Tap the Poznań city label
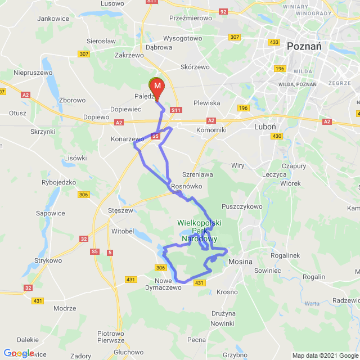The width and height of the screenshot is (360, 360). coord(304,47)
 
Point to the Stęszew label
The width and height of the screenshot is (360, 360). coord(119,211)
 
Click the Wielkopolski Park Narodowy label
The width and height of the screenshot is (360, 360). coord(199,231)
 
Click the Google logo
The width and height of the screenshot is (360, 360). coord(19,353)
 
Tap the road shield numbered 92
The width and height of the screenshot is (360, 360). coord(223,11)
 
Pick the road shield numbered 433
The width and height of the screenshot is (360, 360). coord(274,42)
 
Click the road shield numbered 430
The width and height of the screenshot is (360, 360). coord(276,136)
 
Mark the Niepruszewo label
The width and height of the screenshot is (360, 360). coord(33,73)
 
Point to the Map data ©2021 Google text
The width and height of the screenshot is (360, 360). coord(325,355)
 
